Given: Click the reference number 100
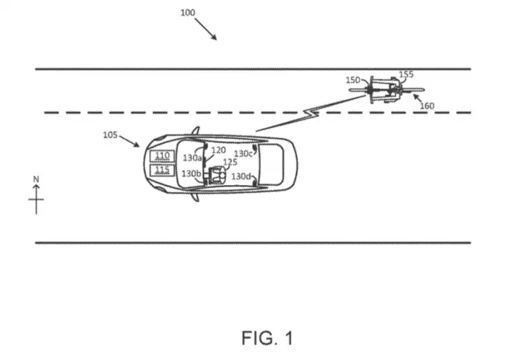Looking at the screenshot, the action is tap(188, 13).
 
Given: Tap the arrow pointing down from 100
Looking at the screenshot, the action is tap(206, 29).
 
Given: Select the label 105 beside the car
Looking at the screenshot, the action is tap(110, 135).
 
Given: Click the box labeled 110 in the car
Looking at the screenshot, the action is tap(162, 156).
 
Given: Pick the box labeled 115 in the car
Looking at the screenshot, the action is tap(162, 170).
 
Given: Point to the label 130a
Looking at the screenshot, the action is tap(192, 158).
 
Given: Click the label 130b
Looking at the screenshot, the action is tap(191, 174).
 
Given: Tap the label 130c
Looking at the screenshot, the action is tap(243, 154).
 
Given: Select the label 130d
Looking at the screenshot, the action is tap(241, 176).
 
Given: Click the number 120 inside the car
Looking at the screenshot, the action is tap(218, 150).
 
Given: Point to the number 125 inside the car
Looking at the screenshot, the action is tap(230, 162).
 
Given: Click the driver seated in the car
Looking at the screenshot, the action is tap(217, 176).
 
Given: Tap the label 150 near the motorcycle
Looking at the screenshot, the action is tap(353, 80).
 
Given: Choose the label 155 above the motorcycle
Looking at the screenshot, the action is tap(407, 74).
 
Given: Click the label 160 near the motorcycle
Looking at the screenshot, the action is tap(427, 106).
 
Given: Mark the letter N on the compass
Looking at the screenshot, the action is tap(36, 179).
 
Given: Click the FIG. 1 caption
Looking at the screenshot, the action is tap(267, 338).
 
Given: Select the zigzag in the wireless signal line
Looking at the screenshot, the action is tap(311, 113).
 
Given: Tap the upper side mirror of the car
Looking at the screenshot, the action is tap(195, 130).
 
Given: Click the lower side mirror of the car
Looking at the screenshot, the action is tap(195, 197).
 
